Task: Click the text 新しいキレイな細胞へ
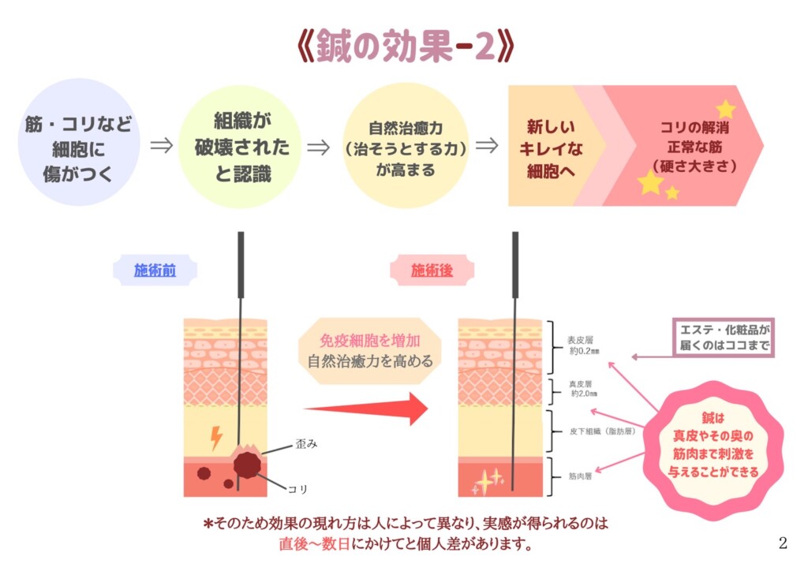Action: (x=550, y=147)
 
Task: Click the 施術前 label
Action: (x=155, y=271)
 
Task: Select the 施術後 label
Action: (x=432, y=271)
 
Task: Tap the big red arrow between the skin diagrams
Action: (x=366, y=409)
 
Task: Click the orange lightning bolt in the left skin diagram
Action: (x=215, y=438)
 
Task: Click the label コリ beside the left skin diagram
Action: (x=298, y=489)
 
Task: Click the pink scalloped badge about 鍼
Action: (x=713, y=445)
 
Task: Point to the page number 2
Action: (x=783, y=542)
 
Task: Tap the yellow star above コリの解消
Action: (x=725, y=109)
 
